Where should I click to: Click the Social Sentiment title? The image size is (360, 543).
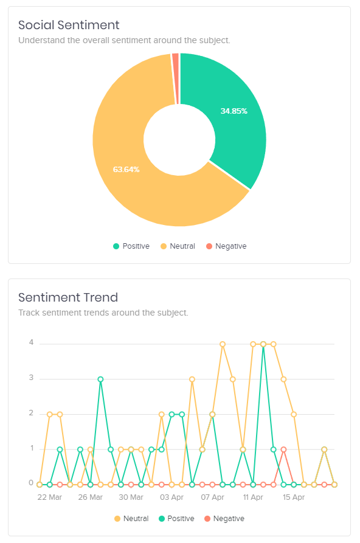point(69,25)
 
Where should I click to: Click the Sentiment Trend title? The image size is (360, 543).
point(68,297)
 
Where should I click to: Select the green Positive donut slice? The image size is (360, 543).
point(234,122)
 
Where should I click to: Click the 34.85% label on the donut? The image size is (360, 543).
point(234,111)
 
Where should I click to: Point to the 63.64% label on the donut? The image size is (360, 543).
point(126,169)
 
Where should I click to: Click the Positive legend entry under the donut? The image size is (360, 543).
point(131,246)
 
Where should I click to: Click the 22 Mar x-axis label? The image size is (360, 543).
point(50,497)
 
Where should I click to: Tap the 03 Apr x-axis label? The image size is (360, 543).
point(171,497)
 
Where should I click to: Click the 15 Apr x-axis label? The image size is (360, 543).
point(294,497)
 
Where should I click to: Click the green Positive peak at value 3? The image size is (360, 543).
point(100,379)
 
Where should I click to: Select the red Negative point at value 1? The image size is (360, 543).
point(283,449)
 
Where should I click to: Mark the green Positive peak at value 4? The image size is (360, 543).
point(263,344)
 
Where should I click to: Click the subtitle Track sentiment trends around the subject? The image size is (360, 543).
point(103,313)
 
